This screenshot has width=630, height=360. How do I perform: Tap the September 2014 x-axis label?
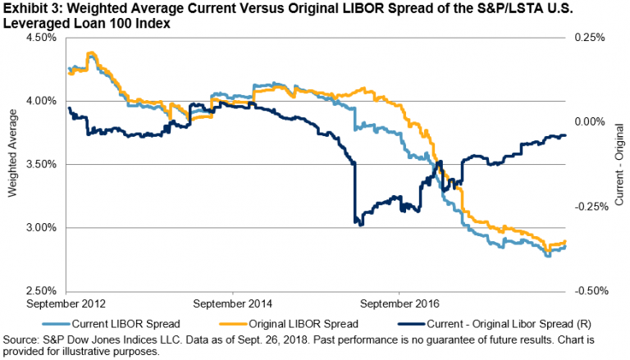tap(232, 303)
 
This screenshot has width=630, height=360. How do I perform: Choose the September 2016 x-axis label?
tap(400, 303)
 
